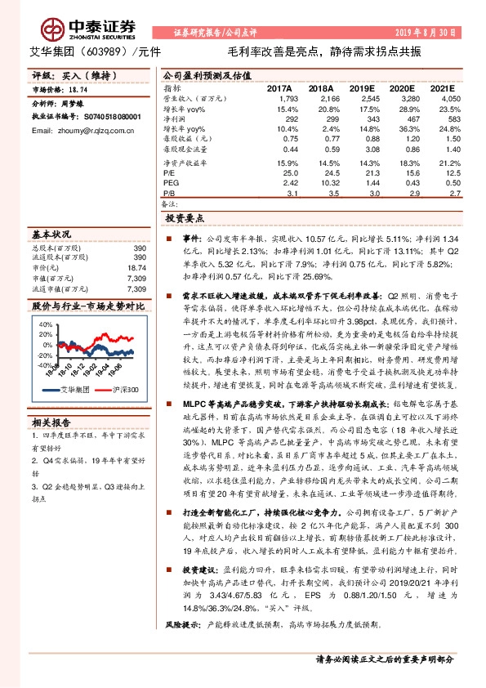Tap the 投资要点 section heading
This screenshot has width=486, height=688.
[187, 220]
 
